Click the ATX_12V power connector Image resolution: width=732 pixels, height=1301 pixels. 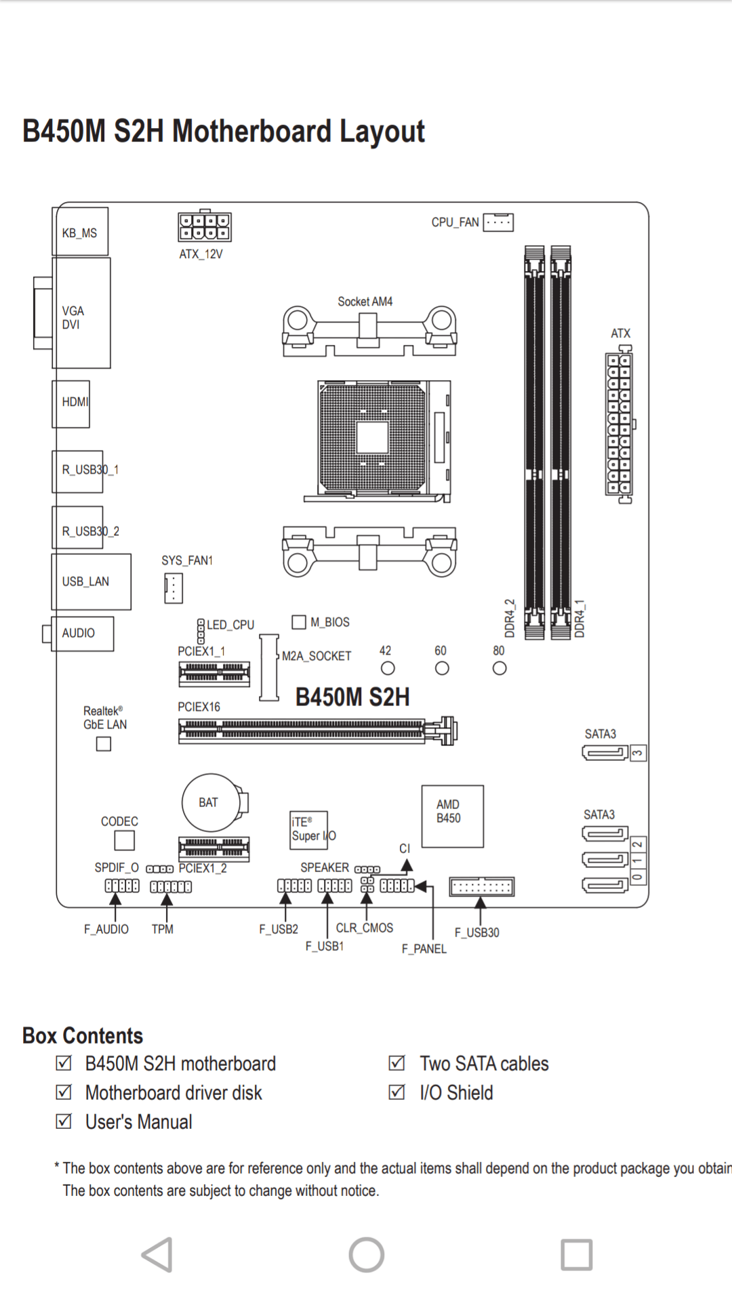pyautogui.click(x=205, y=227)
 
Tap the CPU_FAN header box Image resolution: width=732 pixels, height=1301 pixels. pyautogui.click(x=498, y=222)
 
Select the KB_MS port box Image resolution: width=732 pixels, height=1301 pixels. pyautogui.click(x=81, y=232)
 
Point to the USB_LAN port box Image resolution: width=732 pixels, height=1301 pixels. pyautogui.click(x=91, y=581)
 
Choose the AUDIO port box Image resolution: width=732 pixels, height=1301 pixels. pyautogui.click(x=83, y=634)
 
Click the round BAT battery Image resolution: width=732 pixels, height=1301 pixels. pyautogui.click(x=211, y=803)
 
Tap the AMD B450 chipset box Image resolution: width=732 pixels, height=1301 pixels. pyautogui.click(x=452, y=816)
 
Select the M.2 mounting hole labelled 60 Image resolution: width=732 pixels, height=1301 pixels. pyautogui.click(x=442, y=669)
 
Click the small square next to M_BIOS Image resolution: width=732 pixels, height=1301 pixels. pyautogui.click(x=299, y=622)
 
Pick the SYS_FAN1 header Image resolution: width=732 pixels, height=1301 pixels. pyautogui.click(x=174, y=588)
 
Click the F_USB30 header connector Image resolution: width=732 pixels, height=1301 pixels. pyautogui.click(x=481, y=886)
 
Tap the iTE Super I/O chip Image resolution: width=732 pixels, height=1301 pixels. pyautogui.click(x=309, y=830)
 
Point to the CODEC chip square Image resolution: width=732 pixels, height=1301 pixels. pyautogui.click(x=124, y=840)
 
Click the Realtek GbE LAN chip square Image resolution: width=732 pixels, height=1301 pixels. pyautogui.click(x=104, y=744)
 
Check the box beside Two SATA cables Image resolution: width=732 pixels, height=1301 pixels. pyautogui.click(x=396, y=1063)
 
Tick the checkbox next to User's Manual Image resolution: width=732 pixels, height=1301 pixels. pyautogui.click(x=64, y=1121)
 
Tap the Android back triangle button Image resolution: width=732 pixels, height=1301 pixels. pyautogui.click(x=158, y=1255)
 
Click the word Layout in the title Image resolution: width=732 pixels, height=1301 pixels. pyautogui.click(x=382, y=131)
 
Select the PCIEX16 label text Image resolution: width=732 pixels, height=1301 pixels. pyautogui.click(x=199, y=707)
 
